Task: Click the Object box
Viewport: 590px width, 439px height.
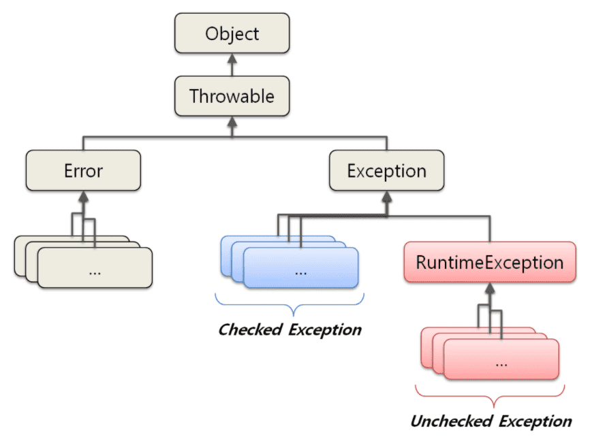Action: coord(232,34)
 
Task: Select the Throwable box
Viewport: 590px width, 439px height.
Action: coord(232,96)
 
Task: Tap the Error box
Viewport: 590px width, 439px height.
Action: coord(83,170)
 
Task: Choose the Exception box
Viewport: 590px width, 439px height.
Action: coord(386,170)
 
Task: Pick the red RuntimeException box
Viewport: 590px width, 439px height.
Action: coord(490,262)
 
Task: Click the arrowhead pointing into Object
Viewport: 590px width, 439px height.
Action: coord(232,60)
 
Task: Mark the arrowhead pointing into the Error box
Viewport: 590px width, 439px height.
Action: coord(83,197)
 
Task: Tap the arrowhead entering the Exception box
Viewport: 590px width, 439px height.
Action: coord(386,197)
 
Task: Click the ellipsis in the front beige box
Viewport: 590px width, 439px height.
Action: coord(95,270)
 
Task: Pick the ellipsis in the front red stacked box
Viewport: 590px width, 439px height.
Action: coord(501,361)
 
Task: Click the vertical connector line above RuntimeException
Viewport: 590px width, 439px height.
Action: coord(490,228)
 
